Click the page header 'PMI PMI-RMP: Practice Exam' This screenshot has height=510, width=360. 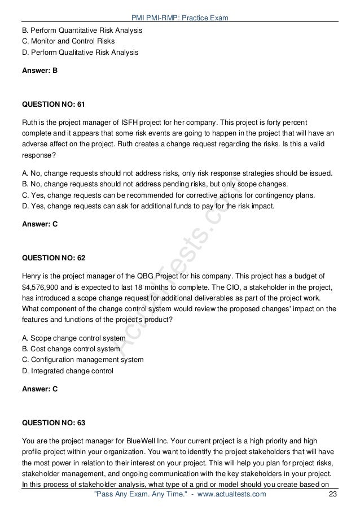tap(179, 18)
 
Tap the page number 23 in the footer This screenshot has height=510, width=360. tap(332, 495)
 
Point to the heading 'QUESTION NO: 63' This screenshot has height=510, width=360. tap(54, 422)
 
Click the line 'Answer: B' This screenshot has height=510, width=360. tap(39, 72)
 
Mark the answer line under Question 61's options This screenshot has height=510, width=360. tap(39, 224)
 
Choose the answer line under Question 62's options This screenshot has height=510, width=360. tap(39, 389)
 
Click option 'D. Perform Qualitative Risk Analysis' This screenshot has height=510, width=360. tap(80, 53)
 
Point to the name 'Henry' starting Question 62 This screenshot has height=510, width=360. tap(32, 276)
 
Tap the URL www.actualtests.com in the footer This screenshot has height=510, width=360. tap(225, 495)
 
